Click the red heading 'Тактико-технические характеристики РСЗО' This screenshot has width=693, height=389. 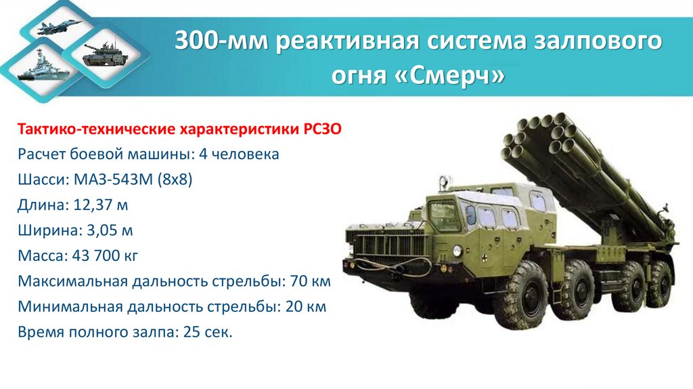click(x=183, y=129)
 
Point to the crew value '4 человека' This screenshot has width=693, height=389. click(x=239, y=154)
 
